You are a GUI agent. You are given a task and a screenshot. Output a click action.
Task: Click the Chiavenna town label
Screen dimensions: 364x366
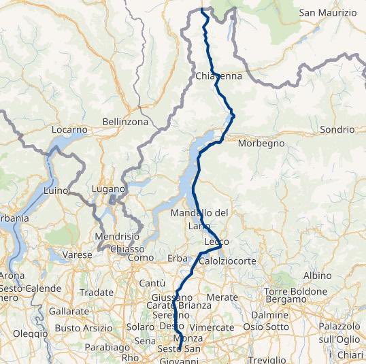coord(218,76)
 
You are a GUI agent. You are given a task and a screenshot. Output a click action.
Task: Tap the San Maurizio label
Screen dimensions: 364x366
coord(328,13)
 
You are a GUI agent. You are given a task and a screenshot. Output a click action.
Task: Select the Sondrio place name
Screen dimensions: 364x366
coord(337,129)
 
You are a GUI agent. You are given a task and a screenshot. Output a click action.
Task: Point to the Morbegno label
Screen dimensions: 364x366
coord(261,143)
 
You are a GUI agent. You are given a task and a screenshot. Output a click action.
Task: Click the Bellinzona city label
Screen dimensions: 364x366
coord(125,121)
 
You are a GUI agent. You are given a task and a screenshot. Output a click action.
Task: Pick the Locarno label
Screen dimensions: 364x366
coord(69,129)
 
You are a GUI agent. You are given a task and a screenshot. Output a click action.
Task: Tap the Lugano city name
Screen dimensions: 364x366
coord(109,188)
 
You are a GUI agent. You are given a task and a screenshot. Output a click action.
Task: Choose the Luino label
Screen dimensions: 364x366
coord(55,191)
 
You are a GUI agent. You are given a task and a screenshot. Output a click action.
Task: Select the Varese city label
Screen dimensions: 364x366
coord(77,254)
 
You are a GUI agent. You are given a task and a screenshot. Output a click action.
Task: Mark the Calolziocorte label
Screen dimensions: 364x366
coord(227,261)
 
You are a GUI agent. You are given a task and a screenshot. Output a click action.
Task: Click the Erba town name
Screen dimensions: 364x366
coord(177,258)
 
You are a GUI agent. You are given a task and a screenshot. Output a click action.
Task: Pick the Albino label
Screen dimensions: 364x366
coord(317,276)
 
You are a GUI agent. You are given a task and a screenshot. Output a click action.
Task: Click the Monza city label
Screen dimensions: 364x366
coord(188,339)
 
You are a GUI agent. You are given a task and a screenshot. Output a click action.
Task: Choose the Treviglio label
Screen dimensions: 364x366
coord(267,359)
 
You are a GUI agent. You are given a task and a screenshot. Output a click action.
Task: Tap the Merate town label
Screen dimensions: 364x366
coord(221,297)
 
